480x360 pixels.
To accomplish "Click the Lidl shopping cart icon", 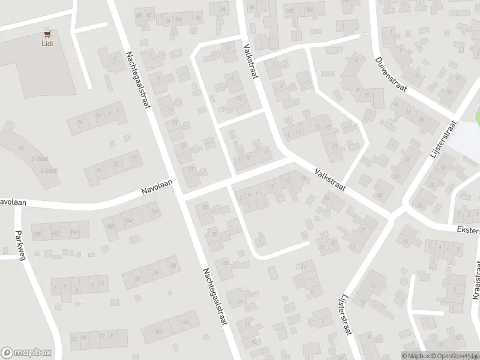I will pyautogui.click(x=47, y=35).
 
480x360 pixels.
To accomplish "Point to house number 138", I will pyautogui.click(x=37, y=233).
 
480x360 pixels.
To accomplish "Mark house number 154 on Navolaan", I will pyautogui.click(x=127, y=220).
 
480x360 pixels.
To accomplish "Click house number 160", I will pyautogui.click(x=155, y=211).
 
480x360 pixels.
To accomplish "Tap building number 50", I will pyautogui.click(x=158, y=332).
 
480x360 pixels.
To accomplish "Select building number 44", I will pyautogui.click(x=185, y=322).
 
